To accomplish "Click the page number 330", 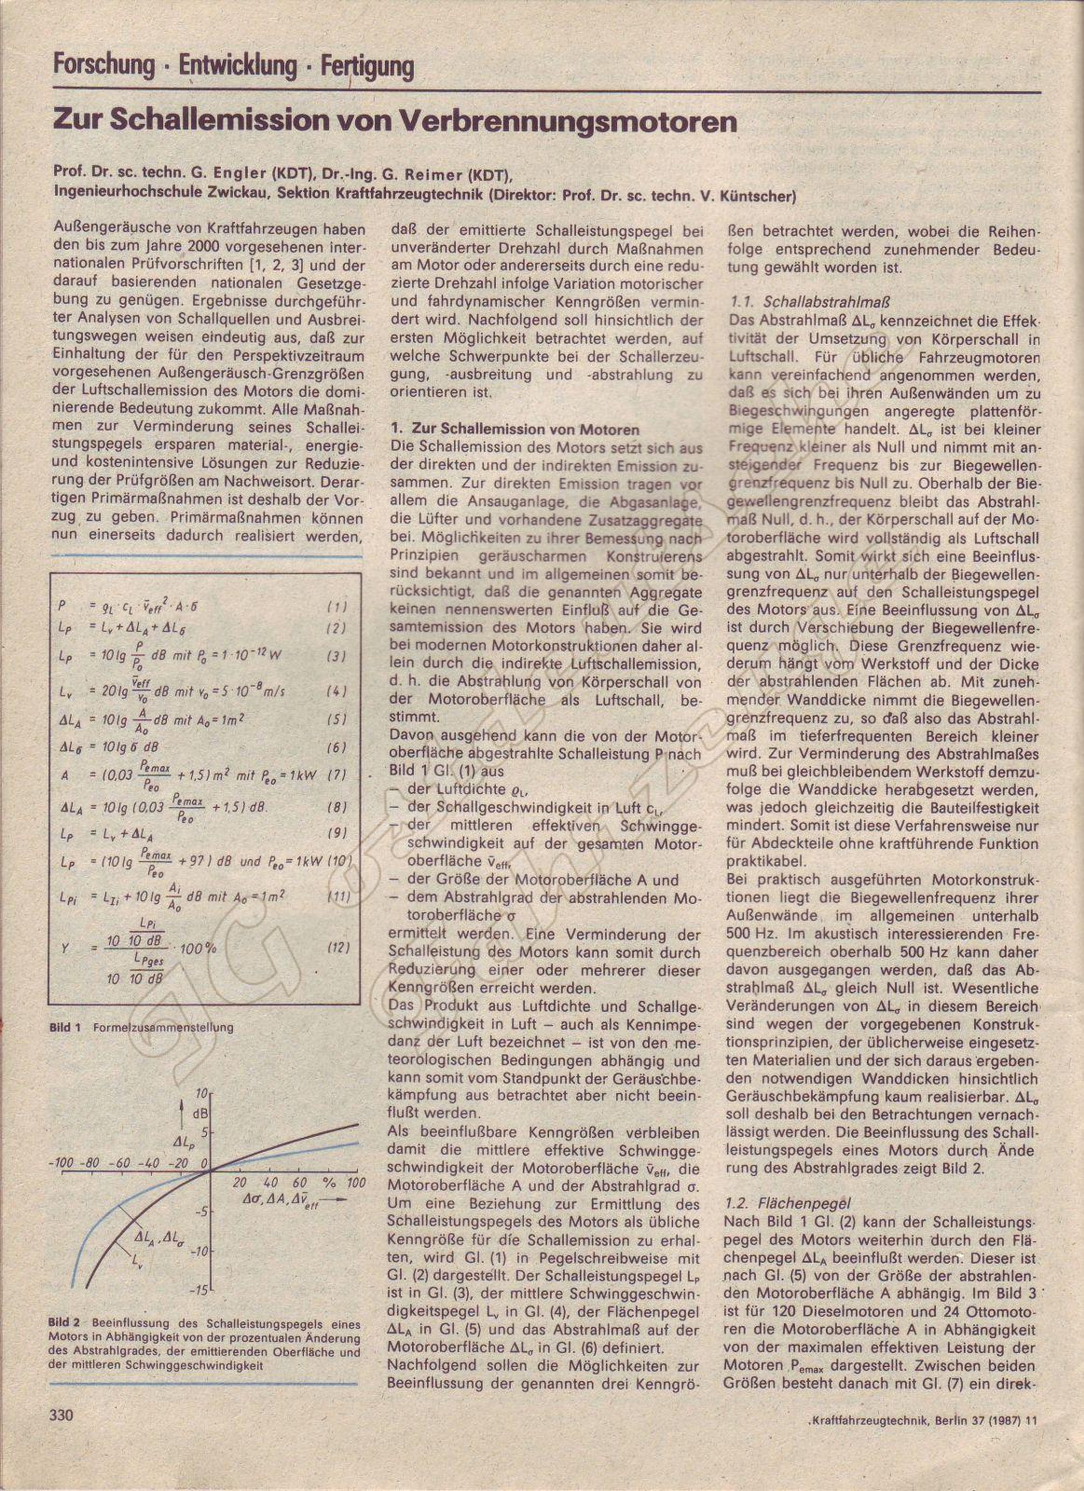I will [x=62, y=1414].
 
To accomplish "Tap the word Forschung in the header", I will [x=103, y=65].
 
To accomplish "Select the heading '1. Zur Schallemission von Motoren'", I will [x=515, y=430].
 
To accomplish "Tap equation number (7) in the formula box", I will [x=337, y=775].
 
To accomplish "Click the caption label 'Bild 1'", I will [x=65, y=1027].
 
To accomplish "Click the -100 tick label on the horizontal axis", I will [x=63, y=1163].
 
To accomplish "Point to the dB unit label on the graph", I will [x=200, y=1113].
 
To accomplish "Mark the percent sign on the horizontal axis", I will [x=328, y=1183].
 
